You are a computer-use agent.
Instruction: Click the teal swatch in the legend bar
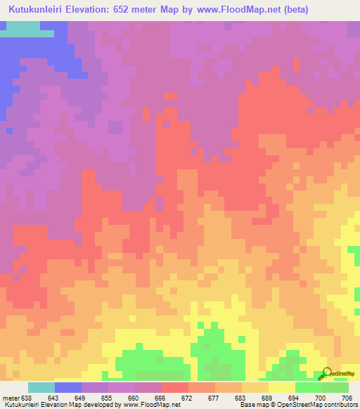click(x=41, y=387)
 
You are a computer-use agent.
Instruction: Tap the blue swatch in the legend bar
click(x=68, y=387)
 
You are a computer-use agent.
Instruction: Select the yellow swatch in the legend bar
click(x=282, y=387)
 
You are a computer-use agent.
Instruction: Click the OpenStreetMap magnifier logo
click(x=326, y=372)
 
